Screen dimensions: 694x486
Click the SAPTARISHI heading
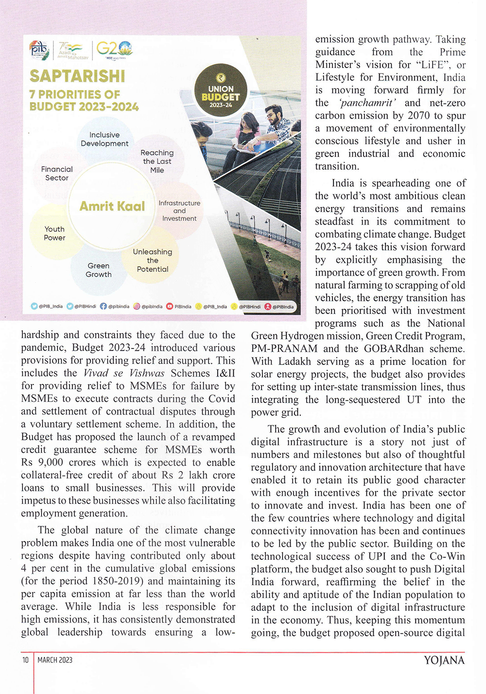[x=77, y=76]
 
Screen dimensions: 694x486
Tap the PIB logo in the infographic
[x=39, y=50]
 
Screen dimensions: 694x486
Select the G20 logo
[x=114, y=49]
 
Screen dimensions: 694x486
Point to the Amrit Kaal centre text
[x=112, y=207]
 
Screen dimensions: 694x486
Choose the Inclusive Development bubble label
[x=104, y=139]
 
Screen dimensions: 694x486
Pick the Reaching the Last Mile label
[x=157, y=161]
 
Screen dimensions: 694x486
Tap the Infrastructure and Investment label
[x=179, y=211]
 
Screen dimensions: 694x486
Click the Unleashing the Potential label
[x=153, y=260]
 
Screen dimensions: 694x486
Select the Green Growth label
[x=99, y=270]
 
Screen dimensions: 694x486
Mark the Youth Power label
[x=54, y=233]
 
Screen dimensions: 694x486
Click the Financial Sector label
[x=57, y=173]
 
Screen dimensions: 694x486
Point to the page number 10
[x=25, y=660]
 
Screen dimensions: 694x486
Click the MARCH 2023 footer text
[x=55, y=660]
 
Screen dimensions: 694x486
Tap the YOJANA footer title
[x=444, y=660]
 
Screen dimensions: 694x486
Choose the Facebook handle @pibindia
[x=116, y=307]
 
